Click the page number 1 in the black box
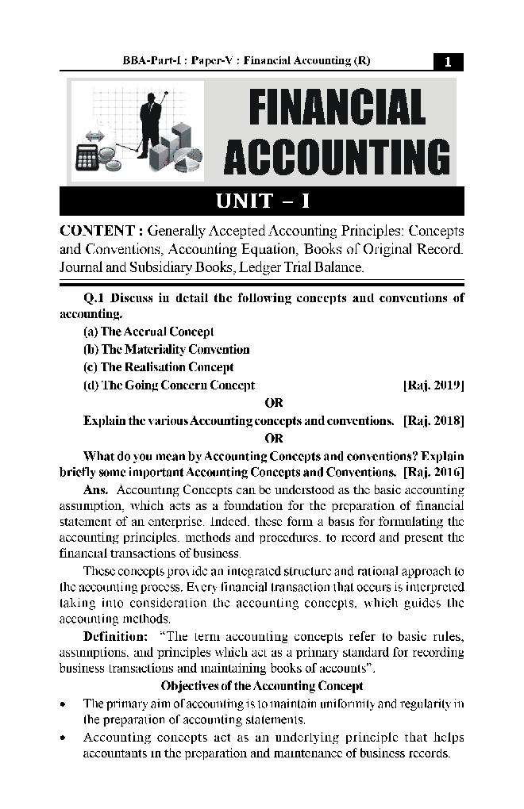[x=448, y=62]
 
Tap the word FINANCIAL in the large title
[x=337, y=107]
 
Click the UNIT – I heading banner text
[x=262, y=201]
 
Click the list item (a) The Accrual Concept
[x=148, y=332]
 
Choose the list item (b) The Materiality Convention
[x=166, y=350]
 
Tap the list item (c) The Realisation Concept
[x=158, y=367]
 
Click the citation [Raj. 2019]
[x=433, y=385]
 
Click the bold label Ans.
[x=95, y=490]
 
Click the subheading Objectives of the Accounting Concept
[x=262, y=686]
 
